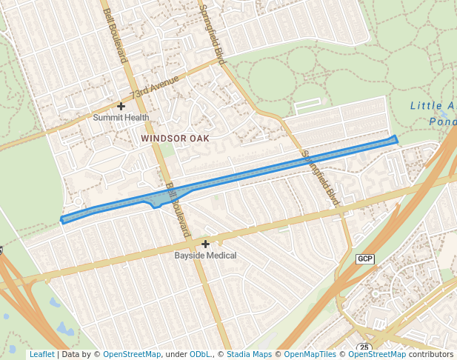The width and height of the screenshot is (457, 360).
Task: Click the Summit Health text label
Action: [121, 117]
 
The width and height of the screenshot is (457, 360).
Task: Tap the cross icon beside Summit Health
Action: [121, 107]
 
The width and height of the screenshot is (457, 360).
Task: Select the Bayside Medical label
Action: [205, 256]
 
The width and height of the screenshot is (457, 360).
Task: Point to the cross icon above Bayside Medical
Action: [206, 244]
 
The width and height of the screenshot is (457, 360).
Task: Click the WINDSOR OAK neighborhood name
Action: [175, 139]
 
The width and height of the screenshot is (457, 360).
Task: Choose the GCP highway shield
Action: [365, 259]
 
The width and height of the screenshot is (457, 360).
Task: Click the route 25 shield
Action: [364, 347]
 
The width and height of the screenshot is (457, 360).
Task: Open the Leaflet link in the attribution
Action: [41, 355]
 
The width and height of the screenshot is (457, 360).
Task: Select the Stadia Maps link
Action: [249, 355]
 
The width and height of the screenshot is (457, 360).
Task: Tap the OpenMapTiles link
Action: [310, 355]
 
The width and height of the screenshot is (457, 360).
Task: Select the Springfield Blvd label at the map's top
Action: [211, 33]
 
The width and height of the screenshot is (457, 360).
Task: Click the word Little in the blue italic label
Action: [427, 106]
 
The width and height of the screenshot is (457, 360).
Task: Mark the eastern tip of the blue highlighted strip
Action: [396, 139]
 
